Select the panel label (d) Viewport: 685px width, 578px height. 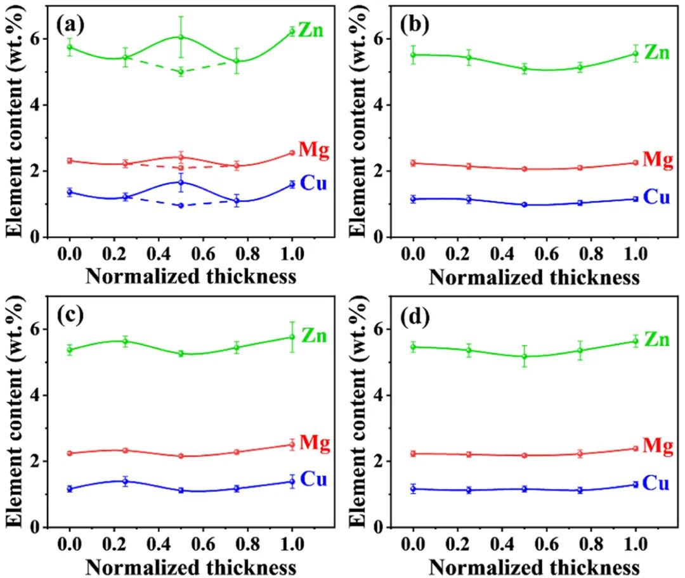click(x=414, y=315)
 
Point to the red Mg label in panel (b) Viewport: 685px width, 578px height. click(x=657, y=159)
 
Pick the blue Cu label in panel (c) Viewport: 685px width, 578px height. click(x=313, y=480)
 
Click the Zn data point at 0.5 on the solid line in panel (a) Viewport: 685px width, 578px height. click(x=181, y=37)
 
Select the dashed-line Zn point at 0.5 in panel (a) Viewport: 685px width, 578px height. click(x=181, y=72)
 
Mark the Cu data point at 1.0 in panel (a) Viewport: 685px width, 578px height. click(x=292, y=184)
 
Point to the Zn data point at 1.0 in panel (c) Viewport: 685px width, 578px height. click(x=292, y=337)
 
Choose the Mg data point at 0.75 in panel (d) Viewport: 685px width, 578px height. click(x=580, y=454)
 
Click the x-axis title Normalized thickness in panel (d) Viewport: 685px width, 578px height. click(x=533, y=565)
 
